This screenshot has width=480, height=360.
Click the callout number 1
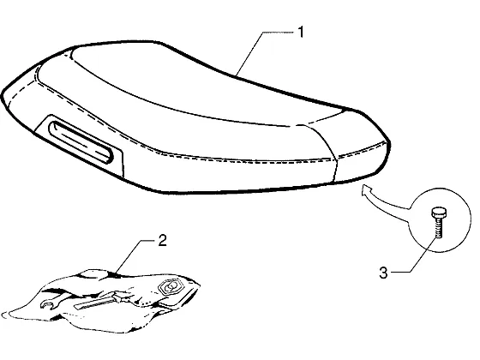click(x=301, y=33)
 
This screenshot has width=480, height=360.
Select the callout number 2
click(x=162, y=240)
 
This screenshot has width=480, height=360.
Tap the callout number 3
click(x=383, y=273)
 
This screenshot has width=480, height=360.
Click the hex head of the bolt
click(x=439, y=213)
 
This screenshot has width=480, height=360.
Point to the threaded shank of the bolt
click(x=439, y=227)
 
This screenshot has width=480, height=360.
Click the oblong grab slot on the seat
click(x=81, y=142)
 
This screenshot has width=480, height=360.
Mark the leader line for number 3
click(x=418, y=257)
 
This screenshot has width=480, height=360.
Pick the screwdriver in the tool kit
click(x=98, y=301)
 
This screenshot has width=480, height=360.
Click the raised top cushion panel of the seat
click(x=196, y=86)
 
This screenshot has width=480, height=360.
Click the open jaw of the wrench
click(x=46, y=304)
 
